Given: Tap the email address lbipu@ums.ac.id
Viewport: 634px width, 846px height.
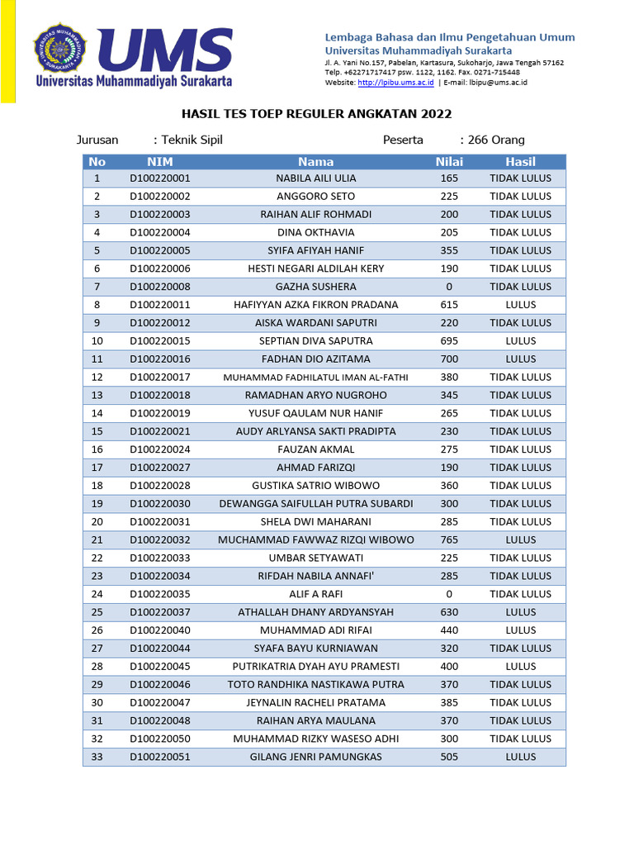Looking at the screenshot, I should pos(499,83).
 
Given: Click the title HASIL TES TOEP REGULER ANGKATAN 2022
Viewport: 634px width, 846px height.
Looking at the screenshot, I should pos(317,113).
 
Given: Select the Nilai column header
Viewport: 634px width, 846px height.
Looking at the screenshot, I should pos(449,161).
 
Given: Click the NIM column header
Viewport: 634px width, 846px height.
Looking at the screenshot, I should pos(159,161).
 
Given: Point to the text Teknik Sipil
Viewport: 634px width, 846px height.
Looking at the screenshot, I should pos(192,140).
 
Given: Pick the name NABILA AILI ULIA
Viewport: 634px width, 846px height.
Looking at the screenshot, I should pos(316,178).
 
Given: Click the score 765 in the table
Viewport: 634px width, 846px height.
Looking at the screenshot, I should pos(449,539).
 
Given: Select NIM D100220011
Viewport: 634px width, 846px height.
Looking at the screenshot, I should pos(159,305).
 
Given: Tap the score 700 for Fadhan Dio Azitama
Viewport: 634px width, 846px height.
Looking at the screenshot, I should pos(449,359).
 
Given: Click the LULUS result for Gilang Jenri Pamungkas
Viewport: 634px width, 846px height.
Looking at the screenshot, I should pos(520,757).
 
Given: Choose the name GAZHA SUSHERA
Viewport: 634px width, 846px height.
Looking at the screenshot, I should pos(316,287).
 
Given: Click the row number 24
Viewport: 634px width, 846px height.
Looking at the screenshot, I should pos(97,594).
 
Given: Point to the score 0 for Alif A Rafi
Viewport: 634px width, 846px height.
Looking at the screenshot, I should pos(449,594).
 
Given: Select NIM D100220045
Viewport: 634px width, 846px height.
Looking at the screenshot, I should pos(159,666).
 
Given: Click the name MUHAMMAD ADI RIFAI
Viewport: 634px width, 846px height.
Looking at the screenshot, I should pos(316,630).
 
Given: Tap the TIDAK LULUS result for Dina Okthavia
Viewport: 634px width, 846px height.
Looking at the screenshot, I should pos(520,232).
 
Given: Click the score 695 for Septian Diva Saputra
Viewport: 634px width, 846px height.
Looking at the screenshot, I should pos(449,340).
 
